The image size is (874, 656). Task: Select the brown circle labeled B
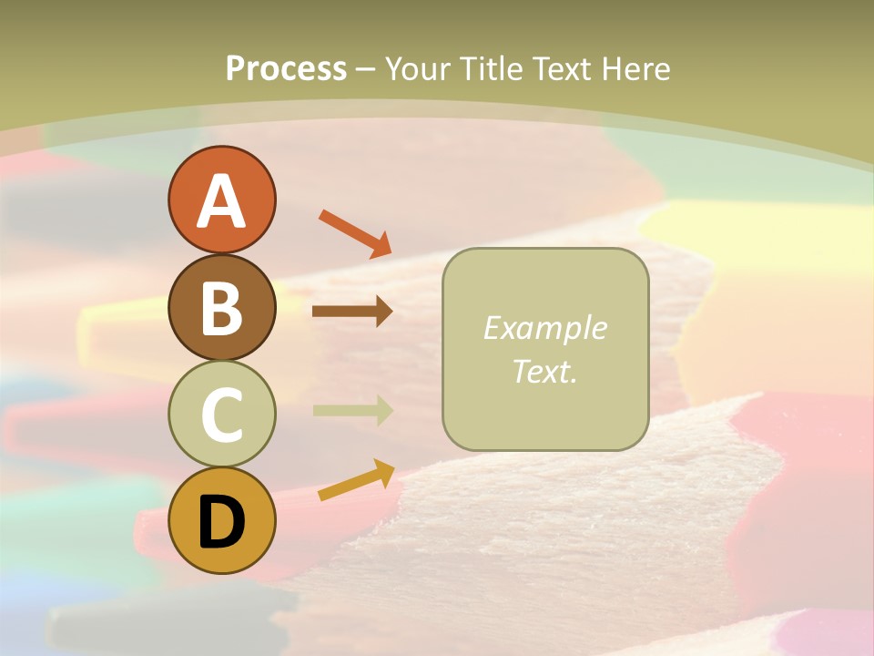pos(221,307)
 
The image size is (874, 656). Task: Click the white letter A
pos(221,201)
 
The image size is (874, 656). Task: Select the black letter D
pos(221,522)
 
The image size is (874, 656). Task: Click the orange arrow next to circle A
pos(355,233)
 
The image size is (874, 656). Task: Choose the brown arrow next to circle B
pos(352,312)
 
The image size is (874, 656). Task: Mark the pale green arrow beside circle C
pos(352,411)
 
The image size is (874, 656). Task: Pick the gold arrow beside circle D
pos(356,481)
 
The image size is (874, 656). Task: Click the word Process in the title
pos(286,68)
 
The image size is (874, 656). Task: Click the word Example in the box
pos(544,328)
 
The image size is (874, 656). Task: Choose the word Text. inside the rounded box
pos(544,371)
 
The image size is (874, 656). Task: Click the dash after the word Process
pos(366,69)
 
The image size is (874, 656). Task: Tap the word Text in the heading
pos(560,68)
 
